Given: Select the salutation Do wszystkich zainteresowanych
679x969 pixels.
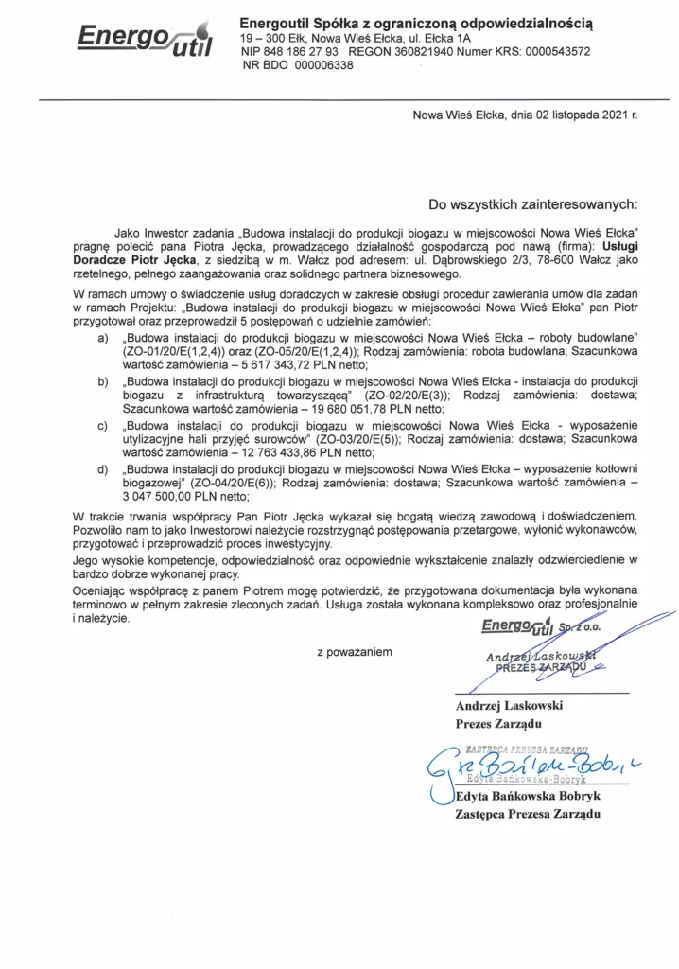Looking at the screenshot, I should point(533,203).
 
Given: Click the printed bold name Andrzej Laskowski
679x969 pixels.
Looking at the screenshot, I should point(510,706).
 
